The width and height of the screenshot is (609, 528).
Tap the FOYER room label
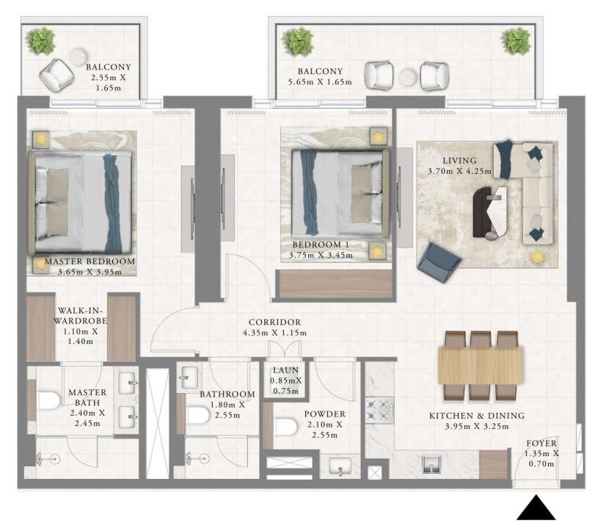[541, 444]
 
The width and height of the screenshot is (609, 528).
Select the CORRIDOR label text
[274, 322]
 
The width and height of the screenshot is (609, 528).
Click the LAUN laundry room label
[286, 370]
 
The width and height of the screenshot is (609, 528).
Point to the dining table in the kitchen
[481, 365]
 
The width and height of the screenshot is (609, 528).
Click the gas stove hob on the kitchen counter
[379, 410]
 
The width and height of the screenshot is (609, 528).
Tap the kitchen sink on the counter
[432, 464]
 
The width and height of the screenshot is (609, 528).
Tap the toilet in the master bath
[48, 401]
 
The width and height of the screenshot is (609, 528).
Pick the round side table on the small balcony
[79, 57]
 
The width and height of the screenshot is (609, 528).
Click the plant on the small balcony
[40, 41]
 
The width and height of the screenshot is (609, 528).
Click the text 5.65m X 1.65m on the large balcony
[320, 82]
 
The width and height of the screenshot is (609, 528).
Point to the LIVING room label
[459, 161]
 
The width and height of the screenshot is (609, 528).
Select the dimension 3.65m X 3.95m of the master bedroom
[90, 272]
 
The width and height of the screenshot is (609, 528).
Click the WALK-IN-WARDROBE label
[81, 315]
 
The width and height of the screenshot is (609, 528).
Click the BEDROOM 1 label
[321, 245]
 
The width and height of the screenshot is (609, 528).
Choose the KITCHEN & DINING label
[477, 416]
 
